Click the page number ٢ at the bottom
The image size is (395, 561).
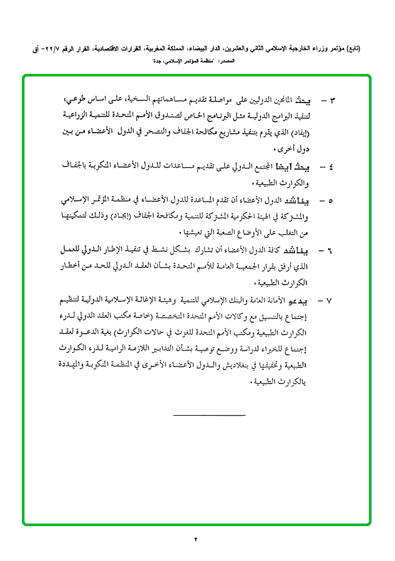(x=196, y=539)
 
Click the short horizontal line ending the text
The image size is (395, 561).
(x=208, y=415)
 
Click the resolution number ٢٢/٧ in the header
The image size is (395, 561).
(x=52, y=49)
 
